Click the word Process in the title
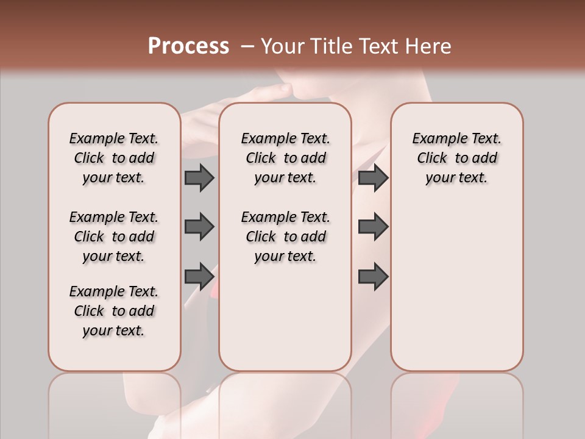(x=188, y=46)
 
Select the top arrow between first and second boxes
(x=199, y=177)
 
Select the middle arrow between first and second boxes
(x=199, y=227)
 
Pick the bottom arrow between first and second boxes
(x=199, y=276)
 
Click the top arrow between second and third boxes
(x=373, y=177)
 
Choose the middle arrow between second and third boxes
(x=373, y=227)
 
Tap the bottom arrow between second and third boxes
(x=373, y=276)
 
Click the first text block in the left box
(x=114, y=158)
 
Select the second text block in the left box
(x=114, y=237)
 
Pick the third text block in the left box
(x=114, y=311)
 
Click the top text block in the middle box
(x=285, y=158)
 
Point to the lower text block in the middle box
(x=285, y=237)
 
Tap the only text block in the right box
(x=456, y=158)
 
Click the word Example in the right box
(x=435, y=139)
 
